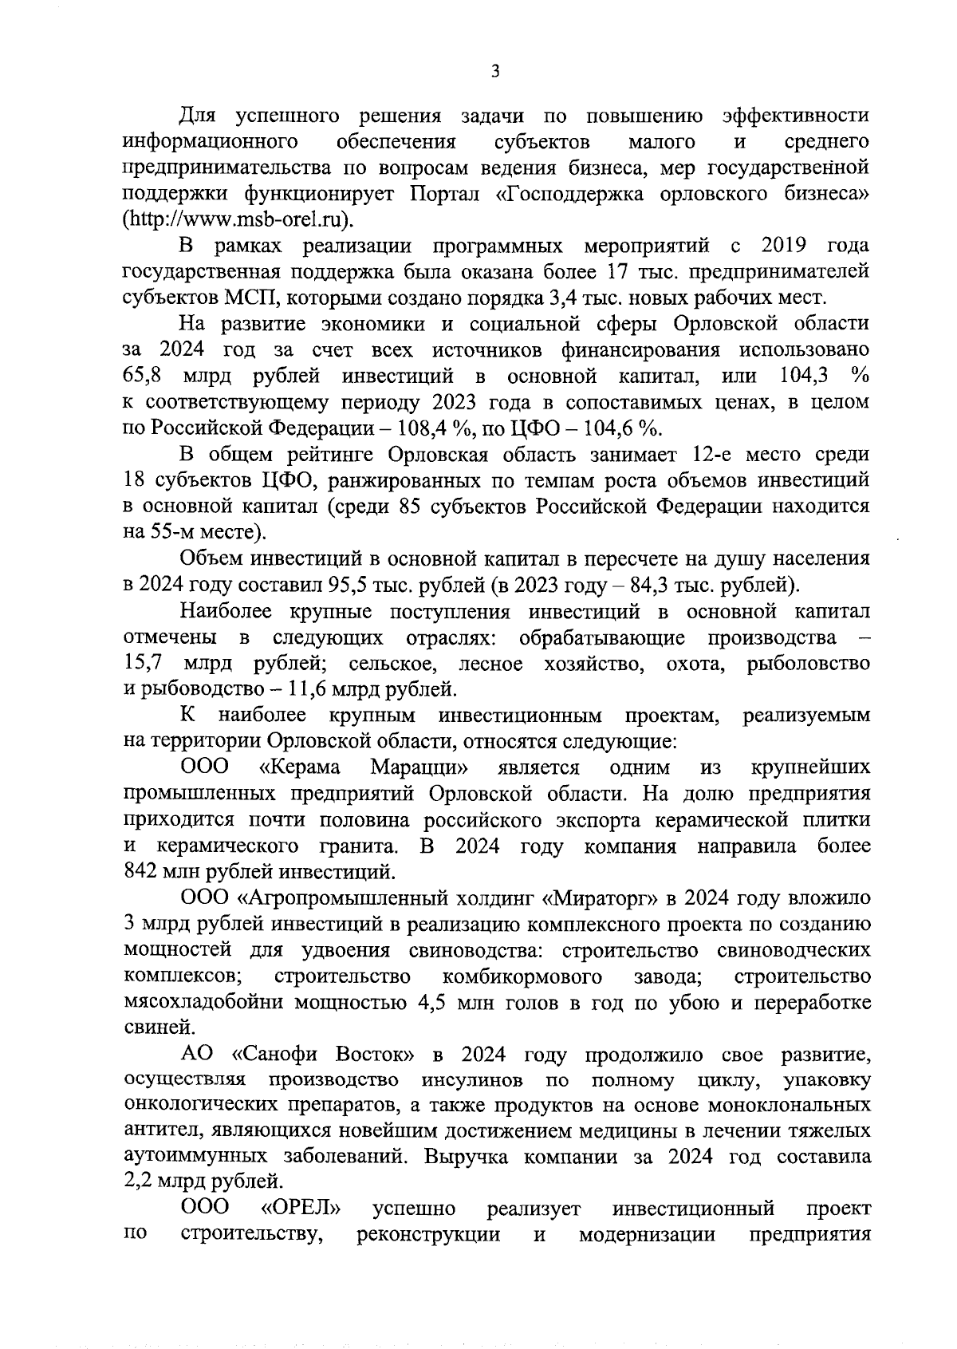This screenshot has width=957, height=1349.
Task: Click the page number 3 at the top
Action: pos(494,73)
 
